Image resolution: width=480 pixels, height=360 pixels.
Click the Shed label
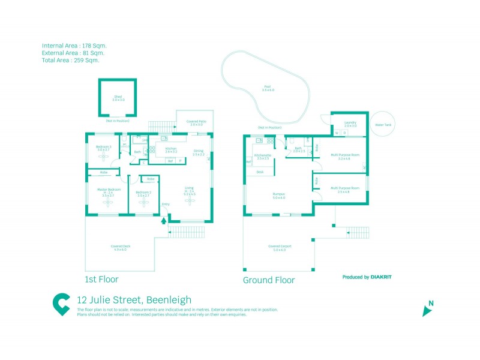pos(118,97)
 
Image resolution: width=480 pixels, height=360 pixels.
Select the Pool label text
pos(268,87)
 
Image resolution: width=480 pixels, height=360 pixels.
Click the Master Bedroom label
pos(109,190)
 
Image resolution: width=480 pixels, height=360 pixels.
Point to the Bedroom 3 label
pos(104,147)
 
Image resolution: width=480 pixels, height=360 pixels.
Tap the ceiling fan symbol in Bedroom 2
pos(143,203)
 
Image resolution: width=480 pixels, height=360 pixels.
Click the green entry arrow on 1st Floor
pos(163,220)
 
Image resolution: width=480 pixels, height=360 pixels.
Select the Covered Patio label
pos(196,122)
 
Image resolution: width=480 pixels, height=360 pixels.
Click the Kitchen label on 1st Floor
pos(171,148)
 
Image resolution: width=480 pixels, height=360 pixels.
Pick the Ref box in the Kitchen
pos(170,161)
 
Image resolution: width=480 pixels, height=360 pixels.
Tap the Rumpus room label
pos(278,194)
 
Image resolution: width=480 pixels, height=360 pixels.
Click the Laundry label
pos(350,123)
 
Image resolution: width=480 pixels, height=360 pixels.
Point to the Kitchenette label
pos(263,155)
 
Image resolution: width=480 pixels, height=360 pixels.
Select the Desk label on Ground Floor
pos(260,172)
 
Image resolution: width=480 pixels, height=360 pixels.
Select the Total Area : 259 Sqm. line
pos(71,60)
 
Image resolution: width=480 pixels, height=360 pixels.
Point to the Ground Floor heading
pos(268,280)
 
